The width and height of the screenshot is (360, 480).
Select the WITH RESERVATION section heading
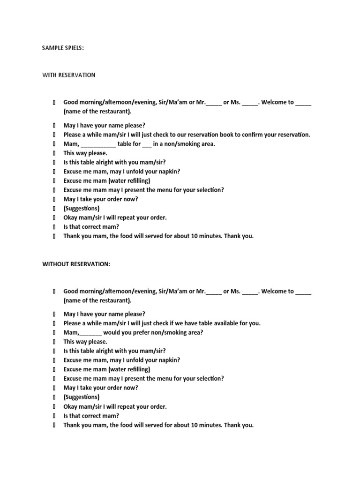click(x=69, y=75)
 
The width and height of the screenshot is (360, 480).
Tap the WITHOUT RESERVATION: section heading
click(x=76, y=264)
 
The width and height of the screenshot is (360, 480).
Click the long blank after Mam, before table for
click(x=98, y=144)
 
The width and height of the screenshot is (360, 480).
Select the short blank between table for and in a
click(x=146, y=144)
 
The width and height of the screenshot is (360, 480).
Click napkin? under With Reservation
click(x=169, y=172)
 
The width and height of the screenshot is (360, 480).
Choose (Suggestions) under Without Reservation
click(x=82, y=397)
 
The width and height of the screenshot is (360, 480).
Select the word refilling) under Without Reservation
click(x=136, y=369)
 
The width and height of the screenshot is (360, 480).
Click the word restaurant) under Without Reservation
click(x=114, y=300)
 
